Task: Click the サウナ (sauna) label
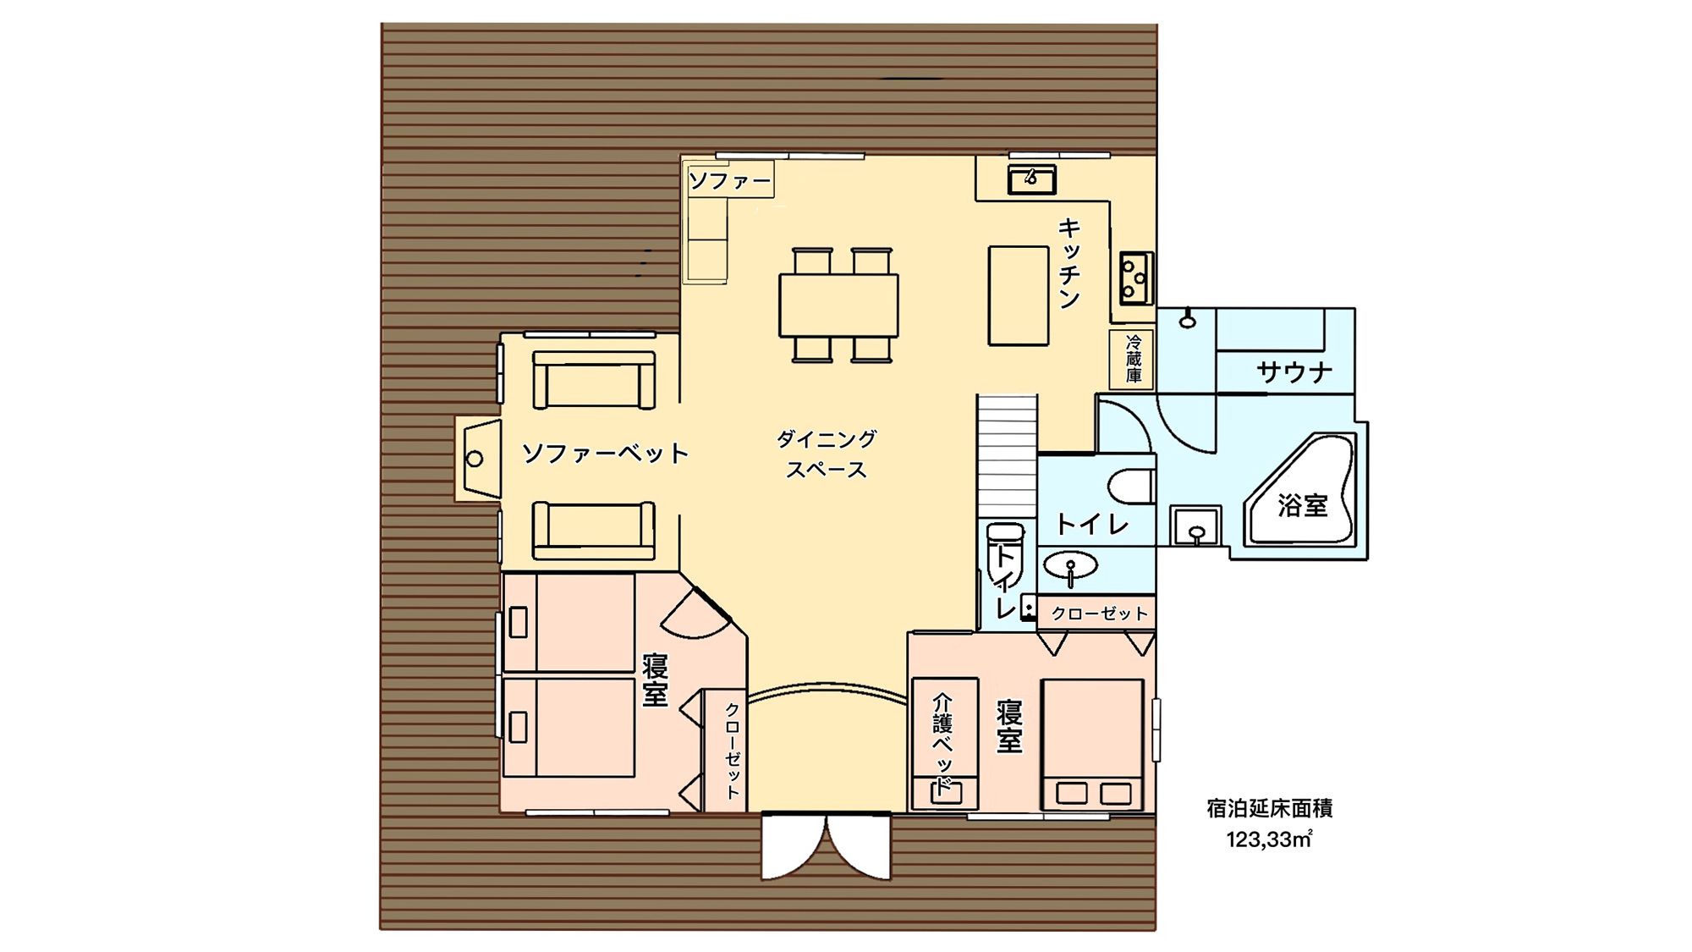click(1294, 372)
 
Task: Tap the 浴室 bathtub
click(1301, 491)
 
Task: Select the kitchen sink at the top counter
click(1031, 179)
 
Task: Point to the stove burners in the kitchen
click(1135, 278)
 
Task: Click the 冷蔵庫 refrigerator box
click(1133, 359)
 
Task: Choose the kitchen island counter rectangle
click(1019, 295)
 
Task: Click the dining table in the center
click(838, 305)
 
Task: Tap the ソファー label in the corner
click(730, 180)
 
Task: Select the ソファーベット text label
click(605, 454)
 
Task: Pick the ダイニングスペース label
click(827, 454)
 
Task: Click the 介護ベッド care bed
click(944, 743)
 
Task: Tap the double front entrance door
click(826, 846)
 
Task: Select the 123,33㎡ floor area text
click(1269, 839)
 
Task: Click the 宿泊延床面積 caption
click(1269, 809)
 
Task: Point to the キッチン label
click(1069, 263)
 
